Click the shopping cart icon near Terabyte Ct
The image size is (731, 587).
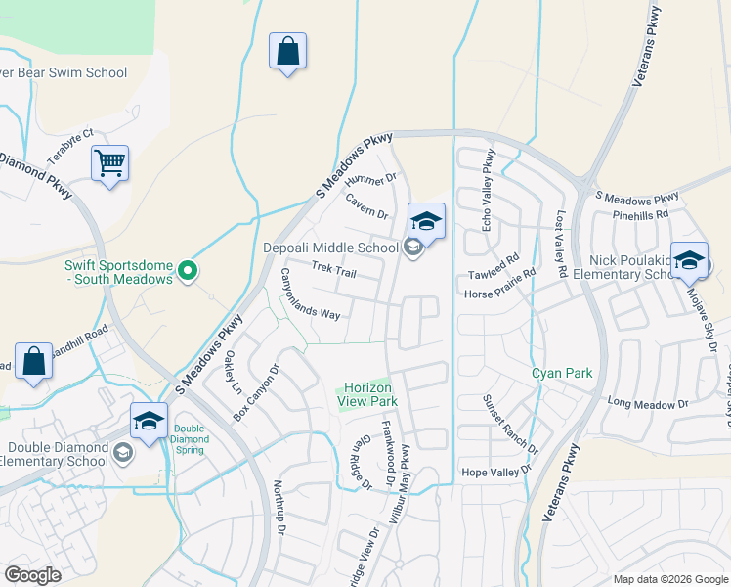coord(109,162)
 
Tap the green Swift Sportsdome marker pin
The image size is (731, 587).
coord(191,271)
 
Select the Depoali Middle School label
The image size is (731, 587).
coord(329,248)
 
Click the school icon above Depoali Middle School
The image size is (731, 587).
coord(426,221)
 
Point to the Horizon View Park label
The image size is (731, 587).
coord(367,395)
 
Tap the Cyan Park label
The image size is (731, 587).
coord(562,373)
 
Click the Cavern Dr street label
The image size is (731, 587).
coord(366,205)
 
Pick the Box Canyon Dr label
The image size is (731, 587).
coord(256,393)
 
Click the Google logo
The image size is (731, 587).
coord(32,575)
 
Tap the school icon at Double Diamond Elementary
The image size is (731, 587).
coord(149,422)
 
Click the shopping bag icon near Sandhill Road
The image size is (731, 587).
coord(34,360)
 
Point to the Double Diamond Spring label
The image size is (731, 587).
coord(191,435)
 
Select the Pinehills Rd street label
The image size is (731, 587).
coord(640,213)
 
